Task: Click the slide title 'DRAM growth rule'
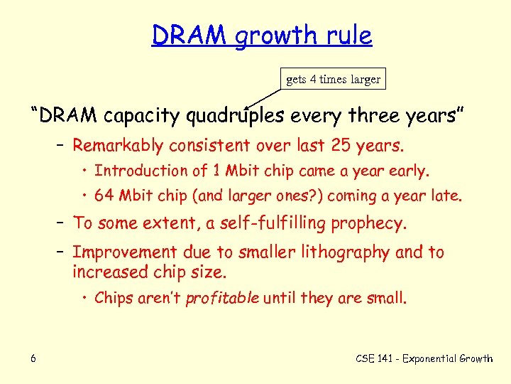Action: tap(261, 35)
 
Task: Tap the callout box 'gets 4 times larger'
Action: tap(333, 80)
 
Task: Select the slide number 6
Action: tap(33, 358)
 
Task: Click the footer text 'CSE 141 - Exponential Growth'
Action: tap(424, 358)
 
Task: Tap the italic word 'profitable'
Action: tap(222, 298)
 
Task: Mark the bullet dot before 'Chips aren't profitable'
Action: tap(84, 298)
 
